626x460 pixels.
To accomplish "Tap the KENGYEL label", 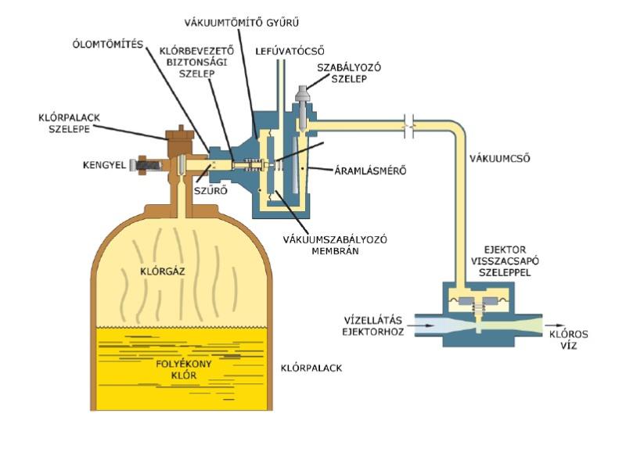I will pos(102,165).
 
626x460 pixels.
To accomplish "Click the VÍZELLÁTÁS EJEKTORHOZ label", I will pos(376,325).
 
